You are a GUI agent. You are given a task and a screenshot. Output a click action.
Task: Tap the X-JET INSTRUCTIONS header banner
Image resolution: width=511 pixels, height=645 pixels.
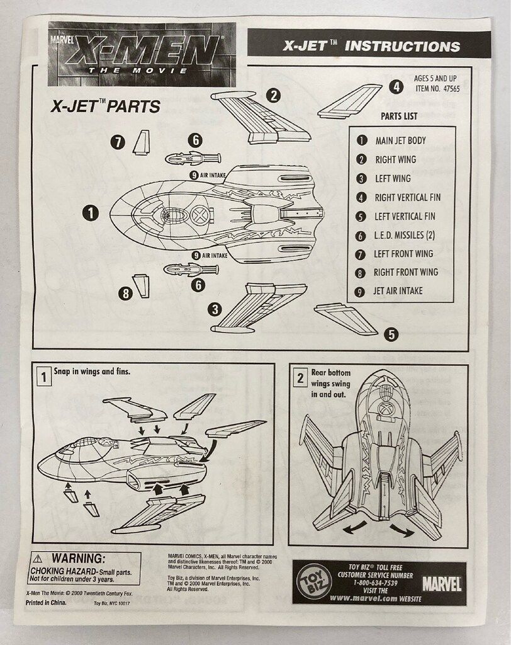pos(370,46)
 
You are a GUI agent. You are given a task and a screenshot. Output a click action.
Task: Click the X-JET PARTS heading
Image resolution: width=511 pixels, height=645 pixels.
pos(105,106)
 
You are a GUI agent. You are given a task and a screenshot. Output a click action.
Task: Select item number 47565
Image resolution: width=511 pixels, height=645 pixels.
pos(438,89)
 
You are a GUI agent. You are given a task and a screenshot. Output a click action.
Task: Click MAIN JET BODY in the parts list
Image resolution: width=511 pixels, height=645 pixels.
pos(400,140)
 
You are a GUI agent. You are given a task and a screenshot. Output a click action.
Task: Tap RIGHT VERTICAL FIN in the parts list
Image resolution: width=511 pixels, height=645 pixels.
pos(407,197)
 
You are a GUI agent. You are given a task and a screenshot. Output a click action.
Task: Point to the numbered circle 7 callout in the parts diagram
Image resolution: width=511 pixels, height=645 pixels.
pos(118,142)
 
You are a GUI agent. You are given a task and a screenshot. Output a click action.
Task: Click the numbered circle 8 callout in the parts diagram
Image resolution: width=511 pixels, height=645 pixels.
pos(126,293)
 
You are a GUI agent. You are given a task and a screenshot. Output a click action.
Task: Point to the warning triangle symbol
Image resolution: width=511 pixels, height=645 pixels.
pos(39,558)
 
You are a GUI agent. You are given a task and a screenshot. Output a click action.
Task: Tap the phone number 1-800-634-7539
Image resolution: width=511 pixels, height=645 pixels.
pos(375,583)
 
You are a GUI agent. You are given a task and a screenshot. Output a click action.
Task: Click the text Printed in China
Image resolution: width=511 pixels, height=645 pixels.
pos(47,602)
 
